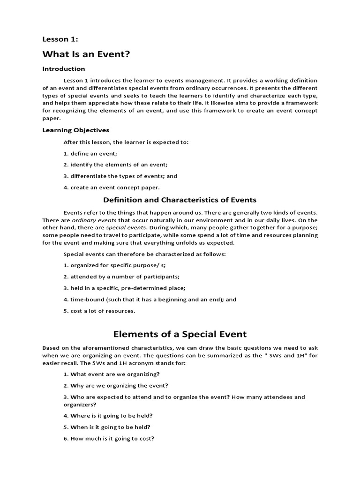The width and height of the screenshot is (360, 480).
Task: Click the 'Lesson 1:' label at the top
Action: [60, 39]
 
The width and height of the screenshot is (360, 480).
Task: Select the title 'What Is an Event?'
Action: [86, 55]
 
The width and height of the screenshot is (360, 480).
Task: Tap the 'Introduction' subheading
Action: [64, 69]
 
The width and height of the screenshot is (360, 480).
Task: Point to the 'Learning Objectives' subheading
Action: [75, 130]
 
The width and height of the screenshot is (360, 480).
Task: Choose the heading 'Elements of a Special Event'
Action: [180, 334]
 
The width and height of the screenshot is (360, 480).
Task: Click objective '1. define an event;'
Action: [90, 153]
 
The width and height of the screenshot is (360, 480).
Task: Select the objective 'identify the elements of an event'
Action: [115, 165]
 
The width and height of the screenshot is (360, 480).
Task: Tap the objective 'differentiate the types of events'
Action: [113, 176]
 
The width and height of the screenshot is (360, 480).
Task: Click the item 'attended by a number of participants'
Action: [121, 277]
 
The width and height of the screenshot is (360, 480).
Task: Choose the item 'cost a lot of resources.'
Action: [99, 311]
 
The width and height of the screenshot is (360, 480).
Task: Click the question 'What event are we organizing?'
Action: [112, 374]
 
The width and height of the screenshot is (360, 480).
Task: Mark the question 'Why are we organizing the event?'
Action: [116, 385]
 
